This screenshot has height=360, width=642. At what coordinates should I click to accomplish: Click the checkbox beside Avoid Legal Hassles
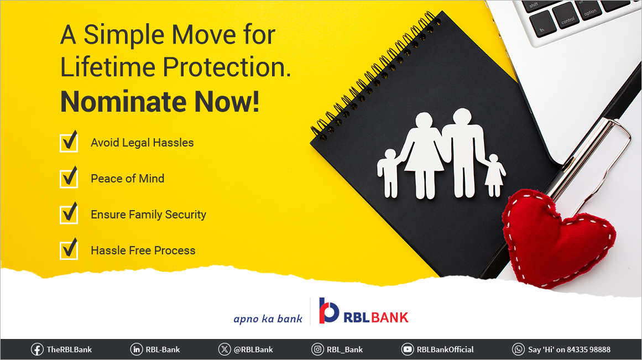pyautogui.click(x=69, y=143)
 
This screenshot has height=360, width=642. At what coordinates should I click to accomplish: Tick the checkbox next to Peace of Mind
pyautogui.click(x=69, y=178)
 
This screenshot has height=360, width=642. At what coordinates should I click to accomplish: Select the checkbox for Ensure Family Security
pyautogui.click(x=69, y=214)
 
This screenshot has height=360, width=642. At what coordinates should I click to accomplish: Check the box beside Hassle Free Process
pyautogui.click(x=69, y=250)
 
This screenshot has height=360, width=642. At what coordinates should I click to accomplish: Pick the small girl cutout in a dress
pyautogui.click(x=494, y=174)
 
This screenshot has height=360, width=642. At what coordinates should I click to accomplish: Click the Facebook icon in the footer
pyautogui.click(x=37, y=349)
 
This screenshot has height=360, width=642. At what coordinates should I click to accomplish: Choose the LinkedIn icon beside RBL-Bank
pyautogui.click(x=136, y=349)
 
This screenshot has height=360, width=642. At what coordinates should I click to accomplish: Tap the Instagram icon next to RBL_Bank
pyautogui.click(x=317, y=349)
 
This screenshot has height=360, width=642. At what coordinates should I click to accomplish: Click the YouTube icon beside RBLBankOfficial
pyautogui.click(x=408, y=349)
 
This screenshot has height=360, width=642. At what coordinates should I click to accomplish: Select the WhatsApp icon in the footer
pyautogui.click(x=518, y=349)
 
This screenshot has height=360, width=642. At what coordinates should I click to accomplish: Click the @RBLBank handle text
pyautogui.click(x=253, y=349)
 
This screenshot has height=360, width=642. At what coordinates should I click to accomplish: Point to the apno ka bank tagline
pyautogui.click(x=268, y=319)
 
